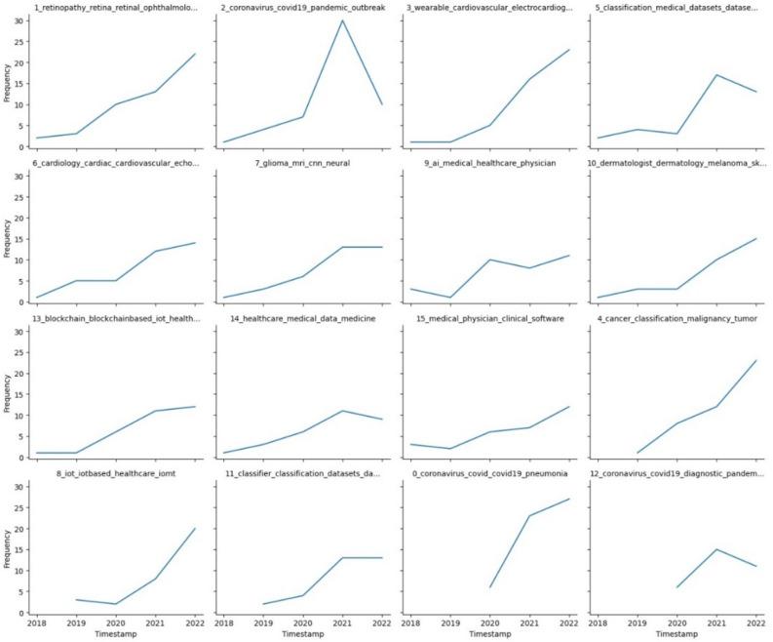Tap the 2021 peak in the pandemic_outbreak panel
[341, 20]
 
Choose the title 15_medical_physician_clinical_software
[488, 318]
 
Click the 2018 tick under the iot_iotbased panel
[37, 622]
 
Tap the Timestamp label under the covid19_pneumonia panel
[489, 634]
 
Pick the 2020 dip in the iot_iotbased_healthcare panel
[116, 604]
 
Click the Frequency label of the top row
[8, 83]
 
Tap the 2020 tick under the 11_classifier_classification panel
[302, 622]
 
